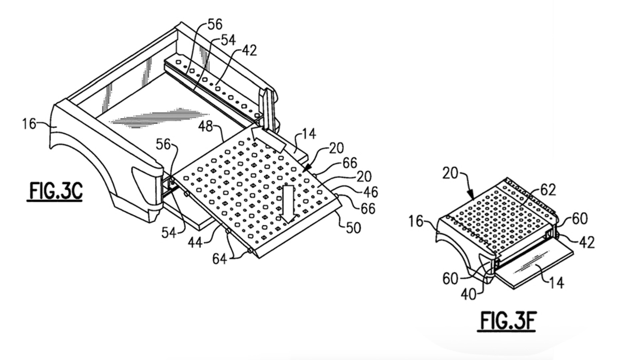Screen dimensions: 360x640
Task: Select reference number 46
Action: point(370,192)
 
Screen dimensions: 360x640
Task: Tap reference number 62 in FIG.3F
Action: point(548,190)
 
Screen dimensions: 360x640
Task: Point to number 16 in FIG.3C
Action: point(29,124)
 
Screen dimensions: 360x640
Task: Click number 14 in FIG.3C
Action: point(309,134)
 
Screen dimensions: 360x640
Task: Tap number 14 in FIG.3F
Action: point(556,282)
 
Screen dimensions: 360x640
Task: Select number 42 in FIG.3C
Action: point(249,50)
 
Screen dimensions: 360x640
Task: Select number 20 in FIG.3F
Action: point(451,173)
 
